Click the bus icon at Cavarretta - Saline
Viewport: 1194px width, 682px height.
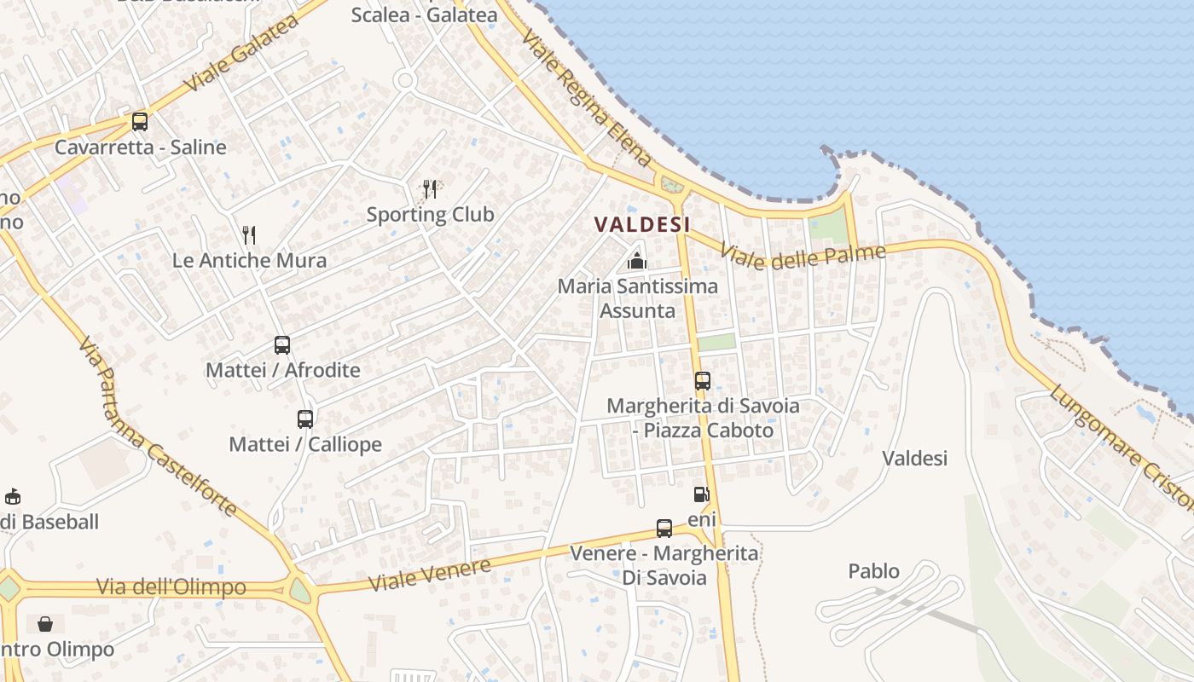coord(140,122)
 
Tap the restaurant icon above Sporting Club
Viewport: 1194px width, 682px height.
coord(430,188)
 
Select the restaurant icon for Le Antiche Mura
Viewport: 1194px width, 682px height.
coord(249,234)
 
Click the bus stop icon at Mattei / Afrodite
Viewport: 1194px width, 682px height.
coord(282,345)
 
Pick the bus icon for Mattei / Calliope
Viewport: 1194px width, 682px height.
coord(305,419)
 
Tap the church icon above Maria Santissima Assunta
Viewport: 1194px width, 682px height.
coord(637,260)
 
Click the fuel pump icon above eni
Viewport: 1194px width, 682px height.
coord(701,494)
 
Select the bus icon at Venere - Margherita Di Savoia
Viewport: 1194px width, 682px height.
coord(664,529)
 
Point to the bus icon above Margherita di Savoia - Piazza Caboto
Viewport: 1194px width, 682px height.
coord(703,381)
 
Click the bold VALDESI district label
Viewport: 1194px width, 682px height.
coord(641,224)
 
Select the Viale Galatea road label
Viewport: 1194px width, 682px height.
coord(241,53)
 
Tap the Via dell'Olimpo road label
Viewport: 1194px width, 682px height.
coord(171,587)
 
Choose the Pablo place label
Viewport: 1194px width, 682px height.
coord(873,571)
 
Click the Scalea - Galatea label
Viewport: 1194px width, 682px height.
coord(424,14)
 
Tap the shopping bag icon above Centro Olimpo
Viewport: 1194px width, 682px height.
coord(45,624)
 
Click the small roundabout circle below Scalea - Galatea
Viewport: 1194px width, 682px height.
coord(405,81)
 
